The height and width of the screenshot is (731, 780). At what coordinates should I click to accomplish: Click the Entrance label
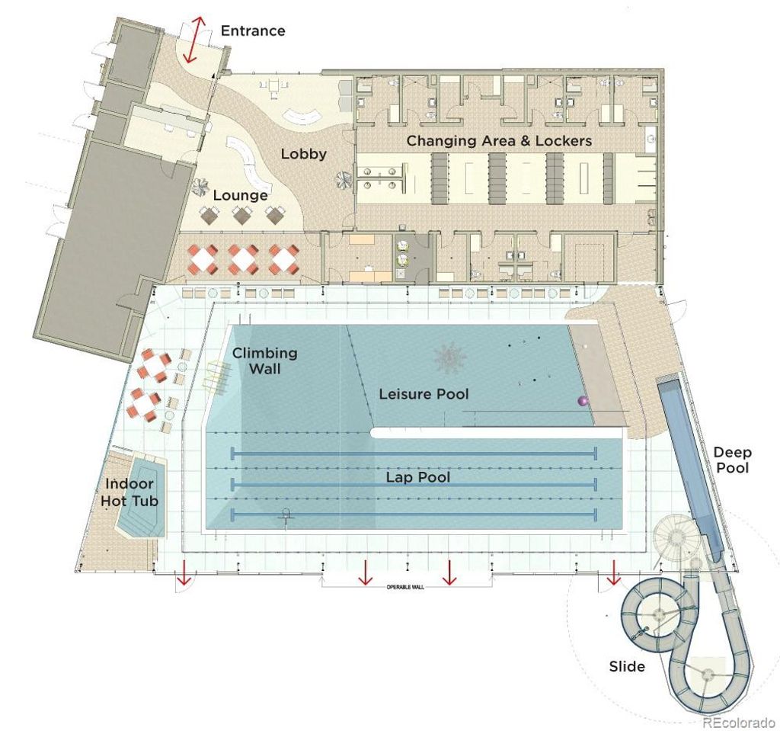click(253, 31)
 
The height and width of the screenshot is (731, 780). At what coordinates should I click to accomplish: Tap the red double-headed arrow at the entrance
click(193, 40)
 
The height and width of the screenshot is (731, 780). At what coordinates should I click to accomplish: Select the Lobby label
click(303, 154)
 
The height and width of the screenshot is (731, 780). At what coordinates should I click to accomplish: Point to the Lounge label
click(240, 195)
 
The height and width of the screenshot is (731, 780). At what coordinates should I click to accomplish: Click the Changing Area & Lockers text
click(499, 141)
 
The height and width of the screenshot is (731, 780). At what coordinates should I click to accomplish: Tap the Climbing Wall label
click(264, 361)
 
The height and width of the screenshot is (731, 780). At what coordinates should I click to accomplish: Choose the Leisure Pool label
click(424, 394)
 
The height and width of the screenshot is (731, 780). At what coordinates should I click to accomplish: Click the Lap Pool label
click(418, 477)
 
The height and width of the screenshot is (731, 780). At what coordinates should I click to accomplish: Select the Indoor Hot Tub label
click(129, 492)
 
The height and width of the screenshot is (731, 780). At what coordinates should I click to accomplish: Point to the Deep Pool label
click(732, 460)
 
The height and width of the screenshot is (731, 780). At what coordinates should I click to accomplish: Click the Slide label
click(627, 666)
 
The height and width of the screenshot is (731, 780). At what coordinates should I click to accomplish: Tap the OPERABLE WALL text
click(405, 588)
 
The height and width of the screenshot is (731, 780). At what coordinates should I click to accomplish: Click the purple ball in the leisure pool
click(583, 400)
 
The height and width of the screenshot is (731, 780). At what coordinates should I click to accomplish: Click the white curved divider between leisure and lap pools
click(497, 433)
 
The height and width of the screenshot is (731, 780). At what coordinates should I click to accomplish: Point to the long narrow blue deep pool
click(689, 469)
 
